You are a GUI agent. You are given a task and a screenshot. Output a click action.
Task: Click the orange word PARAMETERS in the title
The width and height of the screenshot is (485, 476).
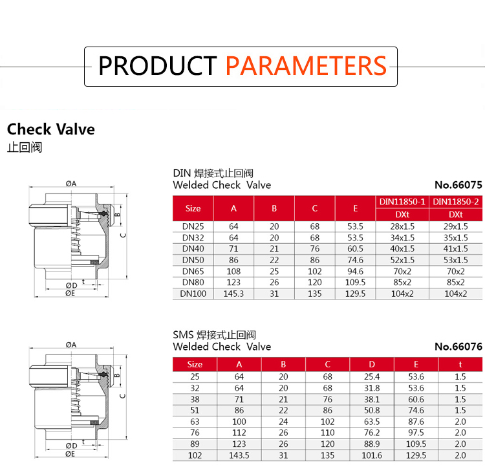(306, 66)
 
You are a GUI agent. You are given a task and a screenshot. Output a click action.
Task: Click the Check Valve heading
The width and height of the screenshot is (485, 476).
(51, 129)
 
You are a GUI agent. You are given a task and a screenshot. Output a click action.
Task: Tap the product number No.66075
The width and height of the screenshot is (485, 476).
(458, 185)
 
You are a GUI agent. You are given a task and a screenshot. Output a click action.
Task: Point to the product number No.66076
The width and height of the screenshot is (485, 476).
(458, 347)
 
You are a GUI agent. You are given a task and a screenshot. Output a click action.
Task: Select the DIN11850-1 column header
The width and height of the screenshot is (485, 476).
(402, 202)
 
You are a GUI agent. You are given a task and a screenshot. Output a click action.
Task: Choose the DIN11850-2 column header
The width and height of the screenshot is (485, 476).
(456, 202)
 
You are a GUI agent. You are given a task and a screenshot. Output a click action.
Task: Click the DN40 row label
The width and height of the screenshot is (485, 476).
(193, 248)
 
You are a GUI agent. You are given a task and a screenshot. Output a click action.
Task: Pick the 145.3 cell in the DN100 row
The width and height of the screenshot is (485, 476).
(233, 294)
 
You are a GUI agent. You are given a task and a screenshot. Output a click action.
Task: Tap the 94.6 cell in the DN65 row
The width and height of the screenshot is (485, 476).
(355, 271)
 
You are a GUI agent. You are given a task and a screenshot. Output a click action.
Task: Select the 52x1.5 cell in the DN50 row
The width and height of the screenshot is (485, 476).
(402, 260)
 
